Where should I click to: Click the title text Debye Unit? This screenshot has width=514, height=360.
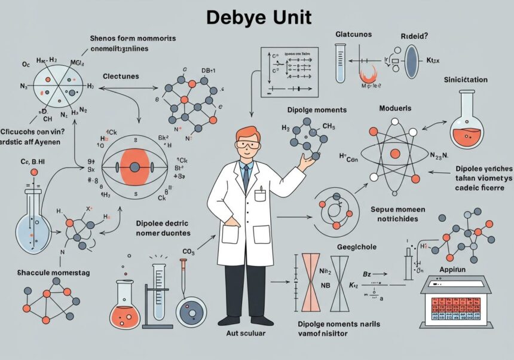coord(259,17)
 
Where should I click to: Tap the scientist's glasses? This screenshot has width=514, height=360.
coord(247,145)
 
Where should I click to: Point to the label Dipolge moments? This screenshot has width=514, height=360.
coord(317,110)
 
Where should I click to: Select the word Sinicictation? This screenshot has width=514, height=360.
coord(465,80)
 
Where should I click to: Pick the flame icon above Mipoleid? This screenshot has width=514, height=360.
coord(368,74)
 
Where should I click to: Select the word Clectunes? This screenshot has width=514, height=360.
coord(121,76)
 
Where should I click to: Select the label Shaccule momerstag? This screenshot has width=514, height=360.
coord(53,273)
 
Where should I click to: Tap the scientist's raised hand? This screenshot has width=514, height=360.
coord(307,161)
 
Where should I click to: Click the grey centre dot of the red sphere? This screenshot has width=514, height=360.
coord(134,167)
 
